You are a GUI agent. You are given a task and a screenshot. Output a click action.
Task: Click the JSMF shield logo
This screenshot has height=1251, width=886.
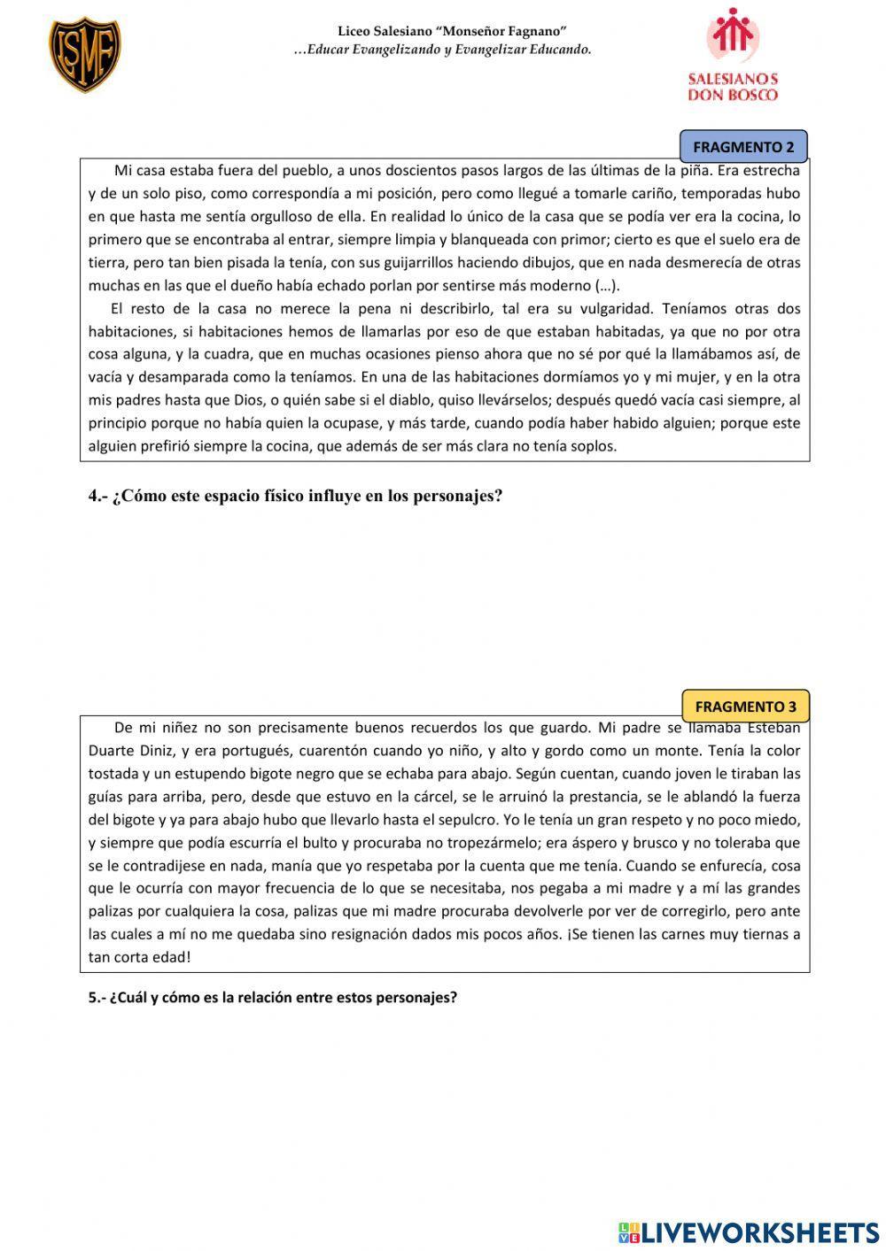click(x=84, y=55)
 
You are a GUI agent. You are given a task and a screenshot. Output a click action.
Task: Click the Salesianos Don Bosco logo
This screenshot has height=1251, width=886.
click(x=733, y=55)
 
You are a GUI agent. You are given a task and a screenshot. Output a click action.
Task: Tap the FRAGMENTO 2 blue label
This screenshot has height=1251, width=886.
click(x=743, y=147)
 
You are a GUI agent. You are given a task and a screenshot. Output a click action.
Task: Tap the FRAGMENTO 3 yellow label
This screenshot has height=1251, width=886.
click(x=745, y=707)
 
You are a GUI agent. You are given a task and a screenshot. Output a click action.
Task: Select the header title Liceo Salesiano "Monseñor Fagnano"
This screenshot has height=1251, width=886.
click(x=452, y=32)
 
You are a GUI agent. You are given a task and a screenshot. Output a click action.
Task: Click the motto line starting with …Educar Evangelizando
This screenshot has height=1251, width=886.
click(x=442, y=50)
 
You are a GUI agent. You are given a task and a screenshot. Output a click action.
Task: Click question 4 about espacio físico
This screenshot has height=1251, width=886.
click(x=295, y=496)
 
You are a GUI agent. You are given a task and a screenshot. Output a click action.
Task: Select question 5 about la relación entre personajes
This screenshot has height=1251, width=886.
click(x=272, y=997)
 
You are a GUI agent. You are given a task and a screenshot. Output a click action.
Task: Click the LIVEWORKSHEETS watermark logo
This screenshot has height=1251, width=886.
click(x=749, y=1232)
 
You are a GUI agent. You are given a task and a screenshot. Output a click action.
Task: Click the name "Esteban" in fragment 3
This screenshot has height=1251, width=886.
click(x=773, y=728)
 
